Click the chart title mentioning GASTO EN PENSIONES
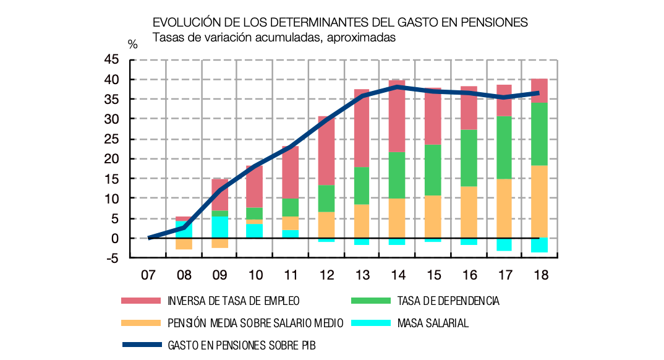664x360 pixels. pos(340,22)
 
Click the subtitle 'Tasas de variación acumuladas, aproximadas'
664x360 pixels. pos(274,37)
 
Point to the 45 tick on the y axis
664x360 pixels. pos(111,60)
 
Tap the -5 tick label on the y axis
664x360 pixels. pos(111,259)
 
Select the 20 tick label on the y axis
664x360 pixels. pos(111,159)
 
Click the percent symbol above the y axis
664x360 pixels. pos(133,44)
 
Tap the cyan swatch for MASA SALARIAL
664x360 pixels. pos(370,323)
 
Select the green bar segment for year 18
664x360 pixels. pos(539,134)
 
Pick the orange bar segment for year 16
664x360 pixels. pos(468,212)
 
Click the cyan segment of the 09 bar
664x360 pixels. pos(219,227)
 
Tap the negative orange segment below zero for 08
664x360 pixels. pos(184,244)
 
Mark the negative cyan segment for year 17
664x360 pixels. pos(504,244)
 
